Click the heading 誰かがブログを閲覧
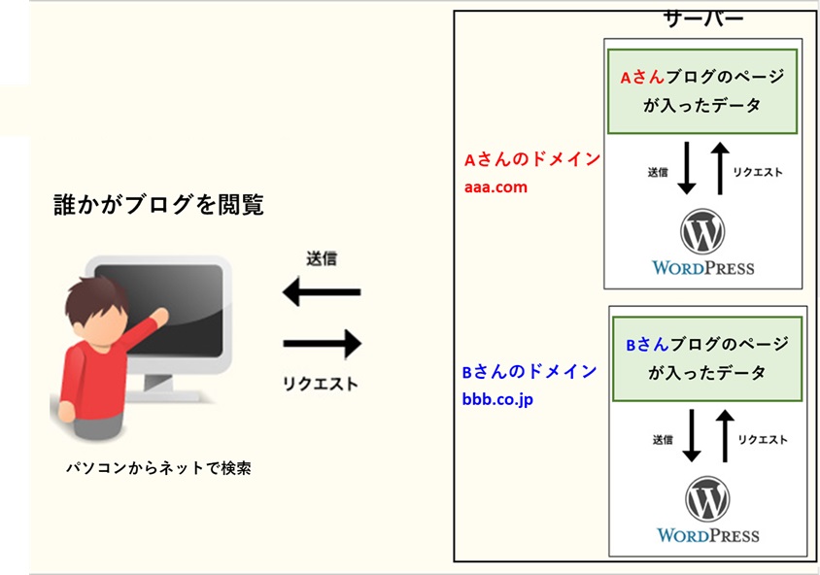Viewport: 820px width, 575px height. [x=159, y=204]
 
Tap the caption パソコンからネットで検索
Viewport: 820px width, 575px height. [x=158, y=468]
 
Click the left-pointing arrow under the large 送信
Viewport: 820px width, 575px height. [x=322, y=291]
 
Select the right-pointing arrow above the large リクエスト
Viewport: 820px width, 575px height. [x=323, y=344]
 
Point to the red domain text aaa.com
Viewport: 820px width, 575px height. [x=495, y=186]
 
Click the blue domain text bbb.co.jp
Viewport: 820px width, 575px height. [x=497, y=400]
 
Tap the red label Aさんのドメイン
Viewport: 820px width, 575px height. [x=531, y=159]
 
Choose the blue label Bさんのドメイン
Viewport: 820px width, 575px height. [x=530, y=372]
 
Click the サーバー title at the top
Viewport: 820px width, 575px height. [x=702, y=19]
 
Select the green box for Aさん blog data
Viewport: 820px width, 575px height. [x=702, y=91]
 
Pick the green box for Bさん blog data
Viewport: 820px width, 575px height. [x=707, y=359]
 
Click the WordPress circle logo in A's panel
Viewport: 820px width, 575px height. [x=702, y=231]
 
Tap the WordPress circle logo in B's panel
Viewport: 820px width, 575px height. [x=707, y=498]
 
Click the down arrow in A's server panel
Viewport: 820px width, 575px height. [x=687, y=168]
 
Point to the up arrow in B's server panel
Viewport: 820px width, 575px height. [x=725, y=435]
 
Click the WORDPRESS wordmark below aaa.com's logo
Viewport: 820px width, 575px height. [x=702, y=268]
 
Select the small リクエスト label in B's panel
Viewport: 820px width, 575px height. [x=763, y=440]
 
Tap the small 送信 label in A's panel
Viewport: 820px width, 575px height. [x=658, y=172]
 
